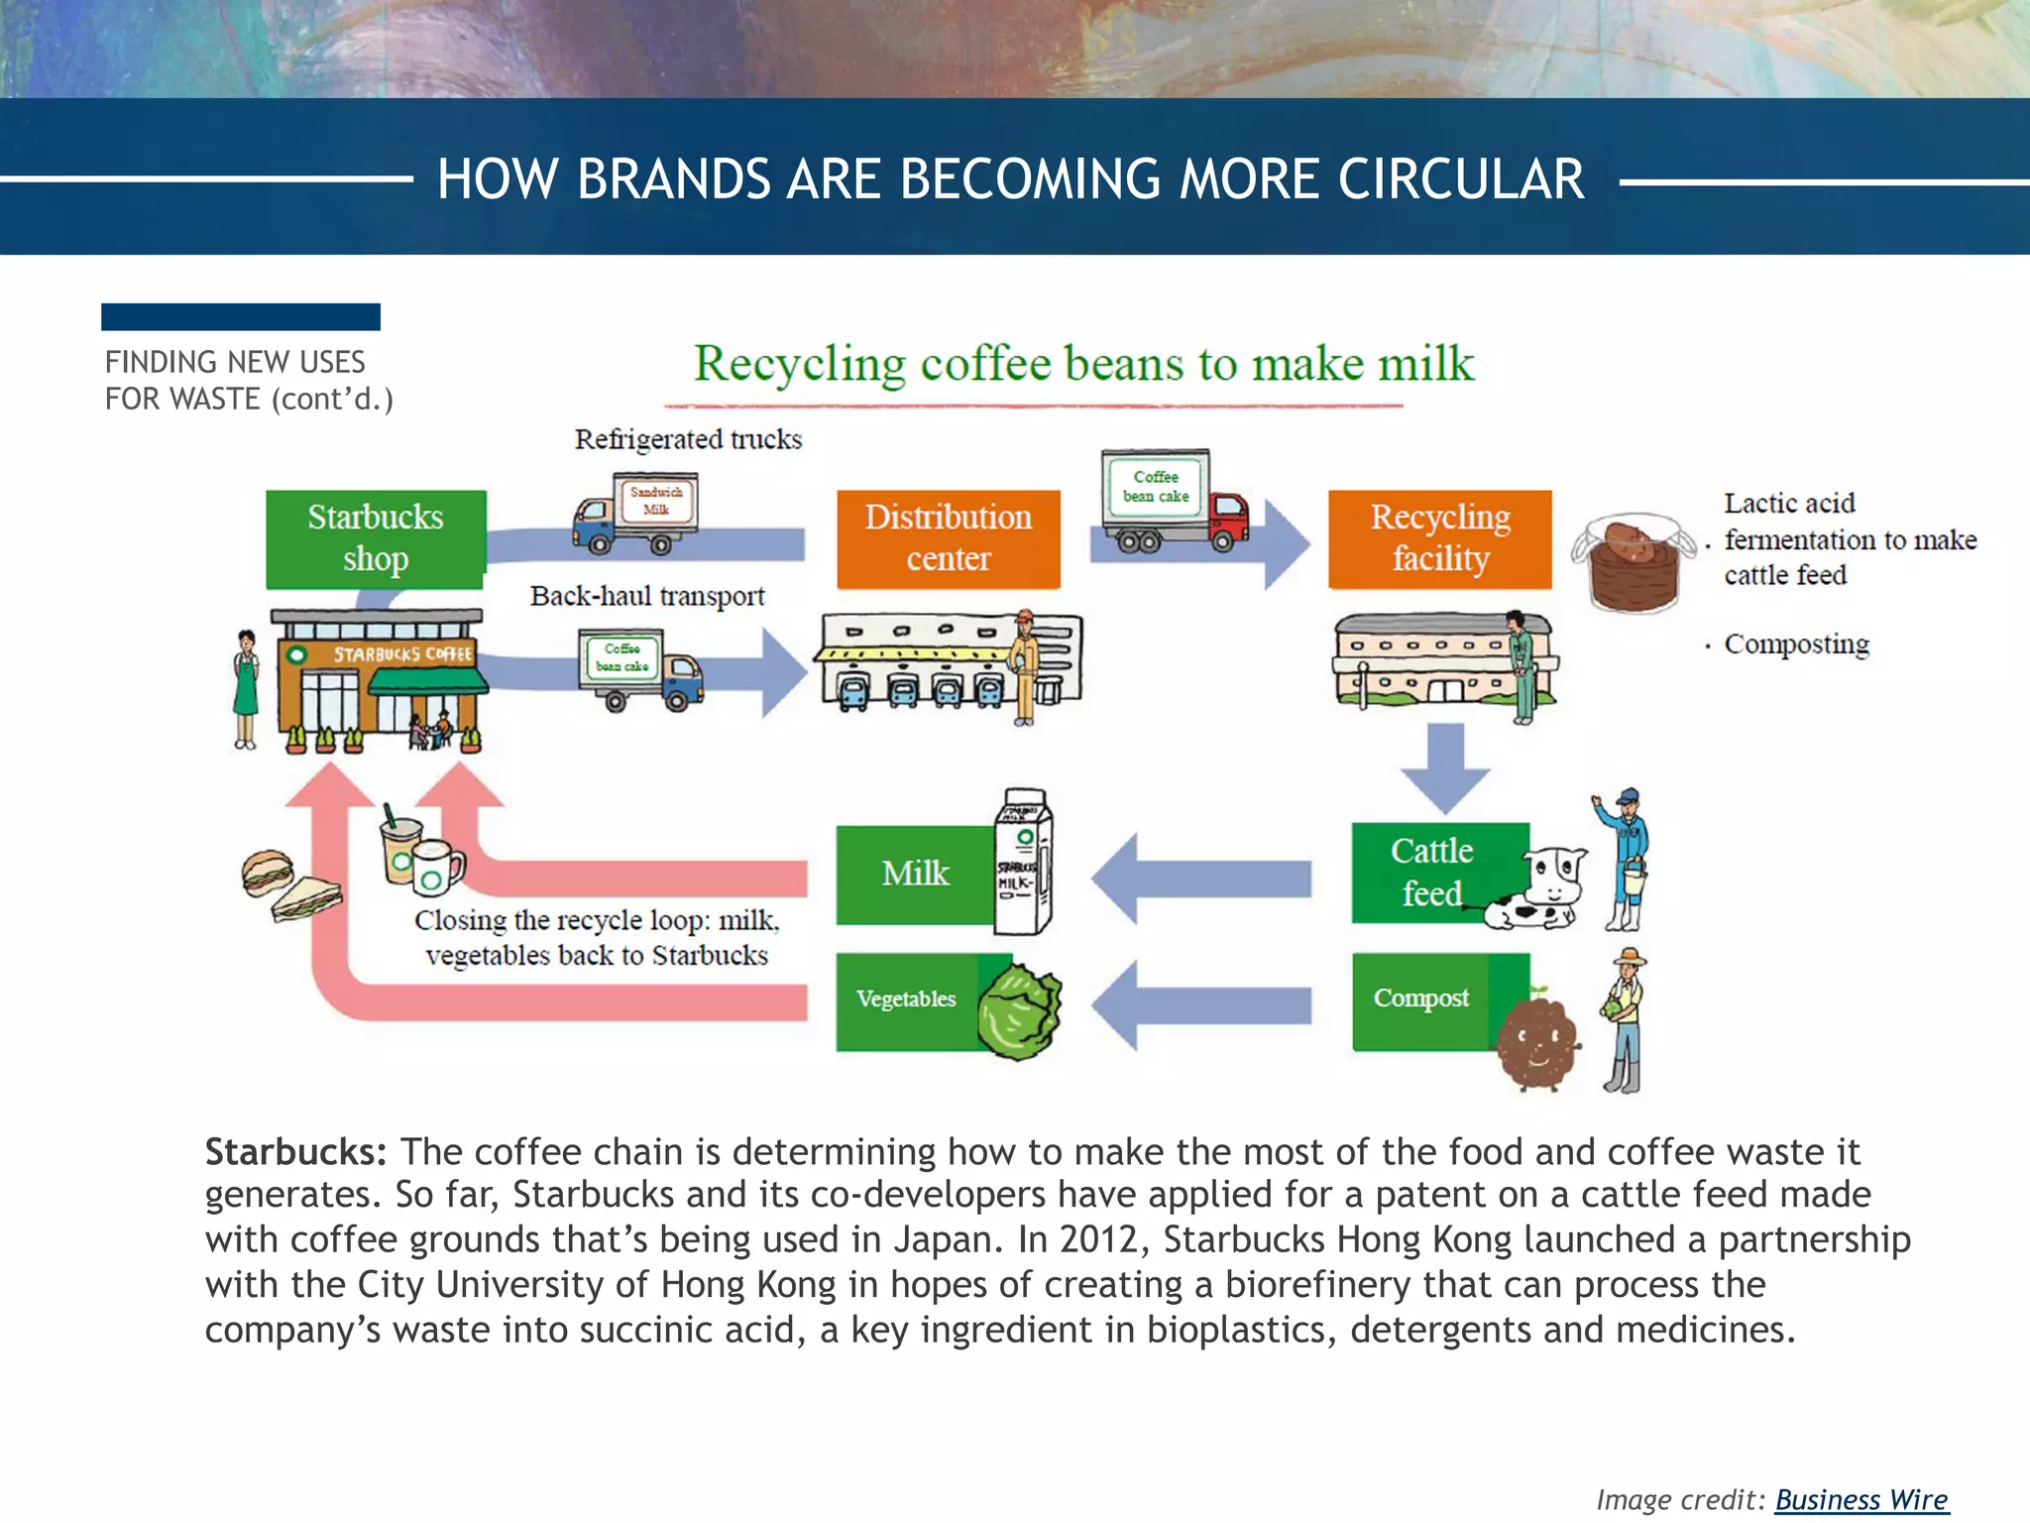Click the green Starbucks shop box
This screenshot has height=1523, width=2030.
pos(376,538)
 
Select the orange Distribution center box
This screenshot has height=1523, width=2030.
pos(948,538)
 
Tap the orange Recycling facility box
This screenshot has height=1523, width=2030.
pos(1439,538)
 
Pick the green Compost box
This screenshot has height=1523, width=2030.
pos(1420,999)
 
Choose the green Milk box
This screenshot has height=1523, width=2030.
pos(915,874)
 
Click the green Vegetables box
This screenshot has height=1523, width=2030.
pos(906,999)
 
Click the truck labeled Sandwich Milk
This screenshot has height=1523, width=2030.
pos(636,514)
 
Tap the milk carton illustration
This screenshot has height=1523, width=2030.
pos(1024,862)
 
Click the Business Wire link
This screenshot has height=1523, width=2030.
pos(1861,1499)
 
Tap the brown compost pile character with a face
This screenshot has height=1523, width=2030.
pos(1535,1044)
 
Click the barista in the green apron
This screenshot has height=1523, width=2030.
pos(245,689)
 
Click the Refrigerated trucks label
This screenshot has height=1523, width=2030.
pos(688,439)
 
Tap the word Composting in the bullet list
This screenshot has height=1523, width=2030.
pos(1796,644)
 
